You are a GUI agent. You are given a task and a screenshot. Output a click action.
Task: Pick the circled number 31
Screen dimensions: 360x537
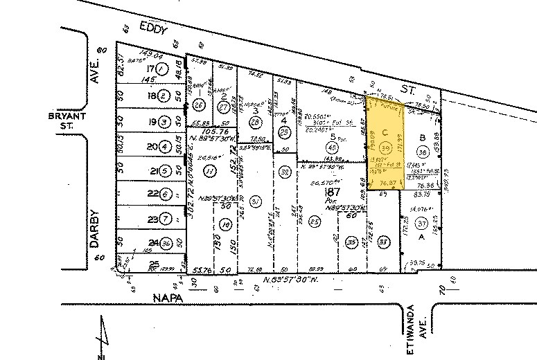(x=256, y=201)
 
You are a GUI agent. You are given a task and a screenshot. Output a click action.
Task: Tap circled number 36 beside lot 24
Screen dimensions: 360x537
(x=166, y=243)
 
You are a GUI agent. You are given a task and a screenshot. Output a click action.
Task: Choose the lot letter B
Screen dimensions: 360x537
(x=421, y=136)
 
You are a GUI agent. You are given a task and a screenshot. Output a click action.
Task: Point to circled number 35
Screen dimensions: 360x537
(x=351, y=242)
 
